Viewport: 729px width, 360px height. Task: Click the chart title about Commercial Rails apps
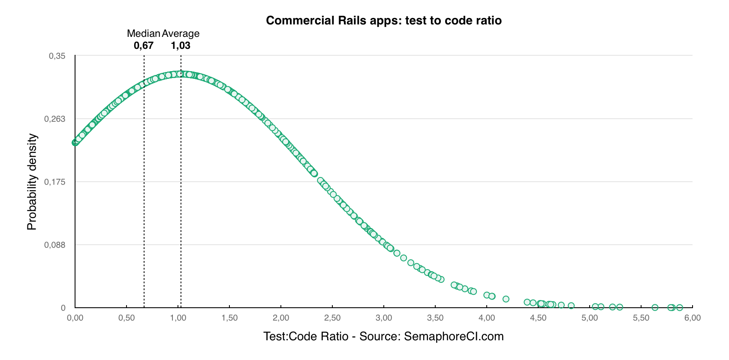(383, 21)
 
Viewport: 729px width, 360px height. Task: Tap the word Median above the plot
(143, 33)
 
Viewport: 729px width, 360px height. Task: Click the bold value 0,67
(143, 45)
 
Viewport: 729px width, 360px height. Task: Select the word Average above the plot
(181, 33)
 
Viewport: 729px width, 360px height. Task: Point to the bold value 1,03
(181, 45)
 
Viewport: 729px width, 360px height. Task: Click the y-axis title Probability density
(32, 182)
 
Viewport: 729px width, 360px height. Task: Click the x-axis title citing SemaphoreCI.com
(383, 336)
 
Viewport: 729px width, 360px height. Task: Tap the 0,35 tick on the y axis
(57, 56)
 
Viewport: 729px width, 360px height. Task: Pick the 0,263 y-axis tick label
(55, 119)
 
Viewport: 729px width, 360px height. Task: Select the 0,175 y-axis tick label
(55, 182)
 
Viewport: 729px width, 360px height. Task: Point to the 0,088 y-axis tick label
(55, 245)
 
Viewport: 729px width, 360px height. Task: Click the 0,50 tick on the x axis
(127, 318)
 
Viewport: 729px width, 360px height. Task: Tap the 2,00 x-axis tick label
(281, 318)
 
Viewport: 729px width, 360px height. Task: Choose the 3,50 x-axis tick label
(435, 318)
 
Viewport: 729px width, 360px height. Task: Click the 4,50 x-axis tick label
(538, 318)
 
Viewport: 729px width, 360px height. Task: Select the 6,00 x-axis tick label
(692, 318)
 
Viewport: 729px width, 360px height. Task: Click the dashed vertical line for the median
(144, 193)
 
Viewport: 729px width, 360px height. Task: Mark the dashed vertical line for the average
(181, 193)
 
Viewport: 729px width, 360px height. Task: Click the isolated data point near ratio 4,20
(506, 299)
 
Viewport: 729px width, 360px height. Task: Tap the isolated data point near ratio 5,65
(655, 307)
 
